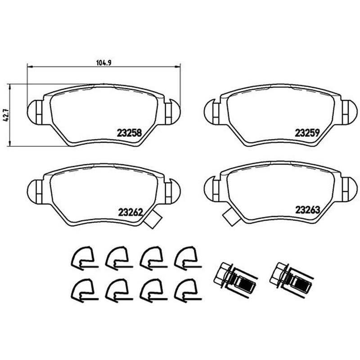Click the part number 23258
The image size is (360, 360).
tap(129, 133)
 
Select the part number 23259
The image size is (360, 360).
tap(307, 133)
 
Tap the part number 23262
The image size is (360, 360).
tap(130, 212)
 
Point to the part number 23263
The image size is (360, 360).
tap(307, 210)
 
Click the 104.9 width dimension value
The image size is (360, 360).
tap(104, 63)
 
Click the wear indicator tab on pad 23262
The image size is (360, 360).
tap(153, 220)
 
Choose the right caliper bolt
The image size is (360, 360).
tap(291, 279)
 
